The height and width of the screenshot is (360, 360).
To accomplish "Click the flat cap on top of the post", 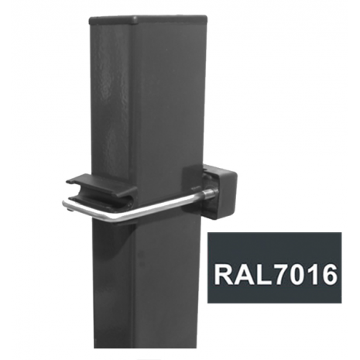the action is point(148,20).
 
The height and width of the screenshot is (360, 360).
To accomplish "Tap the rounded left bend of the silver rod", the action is point(67,204).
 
